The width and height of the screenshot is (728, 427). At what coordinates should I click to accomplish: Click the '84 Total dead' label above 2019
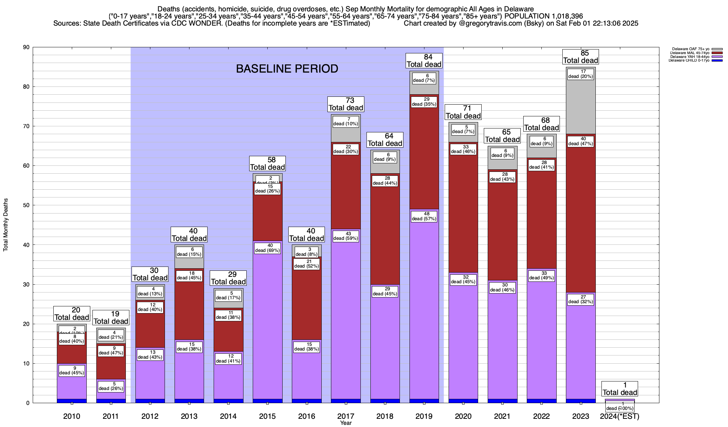point(424,61)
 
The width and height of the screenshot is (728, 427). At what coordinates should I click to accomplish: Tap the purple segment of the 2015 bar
point(267,320)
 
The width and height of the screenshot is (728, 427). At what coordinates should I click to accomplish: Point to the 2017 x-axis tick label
point(346,416)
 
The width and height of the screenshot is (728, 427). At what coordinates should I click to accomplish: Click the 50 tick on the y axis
point(26,205)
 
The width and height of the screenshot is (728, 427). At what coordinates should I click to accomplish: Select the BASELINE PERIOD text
point(287,69)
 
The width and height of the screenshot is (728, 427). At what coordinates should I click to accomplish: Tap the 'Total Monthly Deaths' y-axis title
point(6,225)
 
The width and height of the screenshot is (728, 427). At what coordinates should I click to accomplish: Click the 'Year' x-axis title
point(346,423)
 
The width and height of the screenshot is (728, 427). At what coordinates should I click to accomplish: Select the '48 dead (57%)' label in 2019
point(424,216)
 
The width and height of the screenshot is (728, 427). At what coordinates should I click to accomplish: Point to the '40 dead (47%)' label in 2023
point(580,141)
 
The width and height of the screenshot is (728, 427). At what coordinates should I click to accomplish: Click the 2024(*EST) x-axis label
point(620,416)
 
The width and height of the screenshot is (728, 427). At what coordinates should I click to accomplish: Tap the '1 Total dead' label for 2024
point(620,389)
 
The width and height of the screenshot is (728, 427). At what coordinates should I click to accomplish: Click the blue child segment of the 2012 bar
point(150,401)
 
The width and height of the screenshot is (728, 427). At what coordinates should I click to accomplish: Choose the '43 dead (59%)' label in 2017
point(346,236)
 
